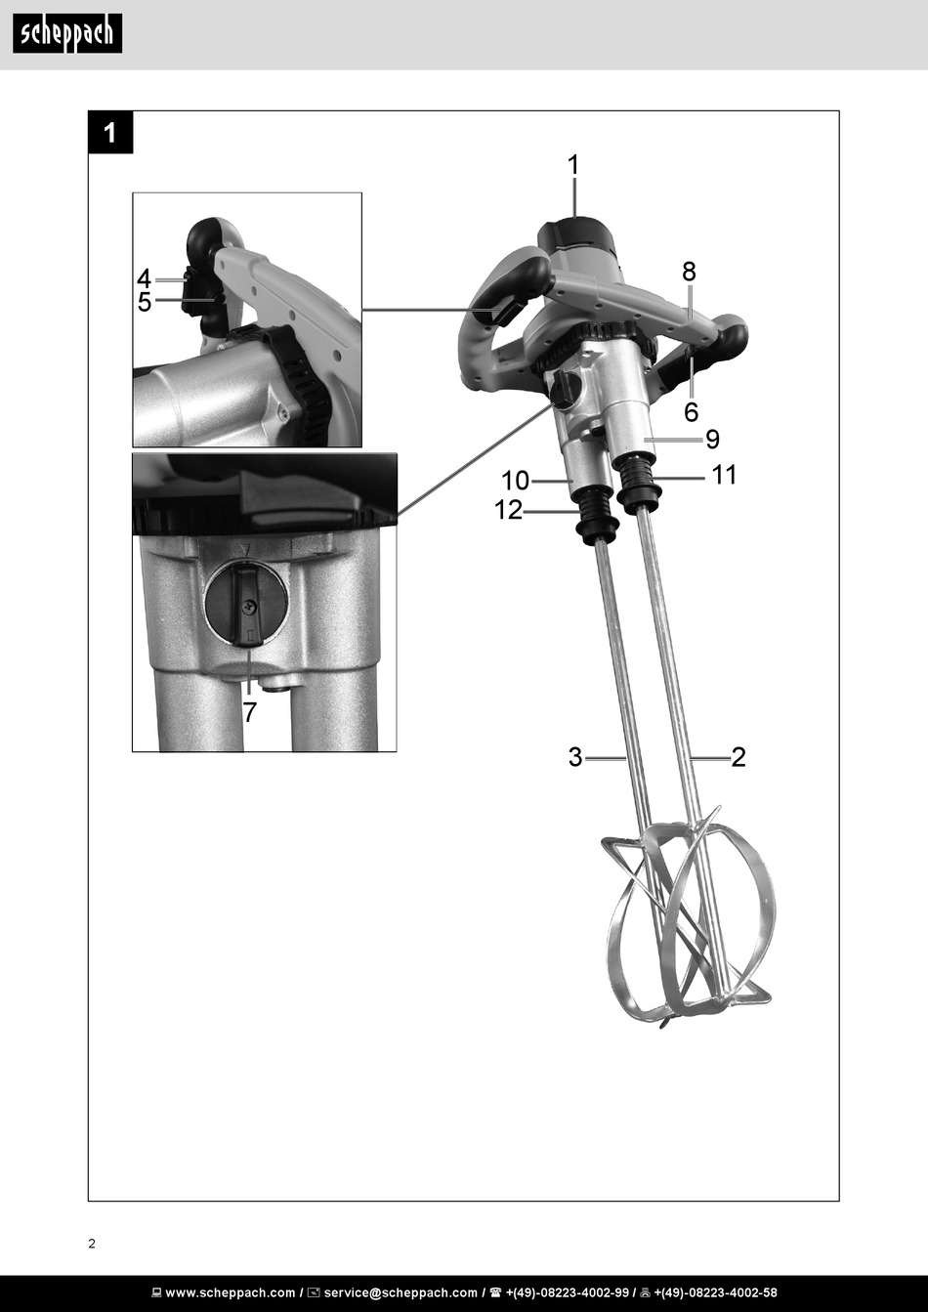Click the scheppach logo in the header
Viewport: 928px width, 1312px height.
pos(67,33)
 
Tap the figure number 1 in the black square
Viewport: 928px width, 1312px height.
pos(110,133)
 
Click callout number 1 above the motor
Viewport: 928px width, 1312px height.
pos(573,164)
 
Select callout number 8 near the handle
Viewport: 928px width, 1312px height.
pos(689,272)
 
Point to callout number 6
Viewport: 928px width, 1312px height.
pos(691,412)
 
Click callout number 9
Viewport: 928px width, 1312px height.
pos(712,440)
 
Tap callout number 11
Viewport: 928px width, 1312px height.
pos(724,475)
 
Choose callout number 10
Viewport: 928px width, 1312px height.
pos(515,481)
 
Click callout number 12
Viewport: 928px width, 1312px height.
pos(508,510)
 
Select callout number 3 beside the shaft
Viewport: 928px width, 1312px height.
pos(575,757)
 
